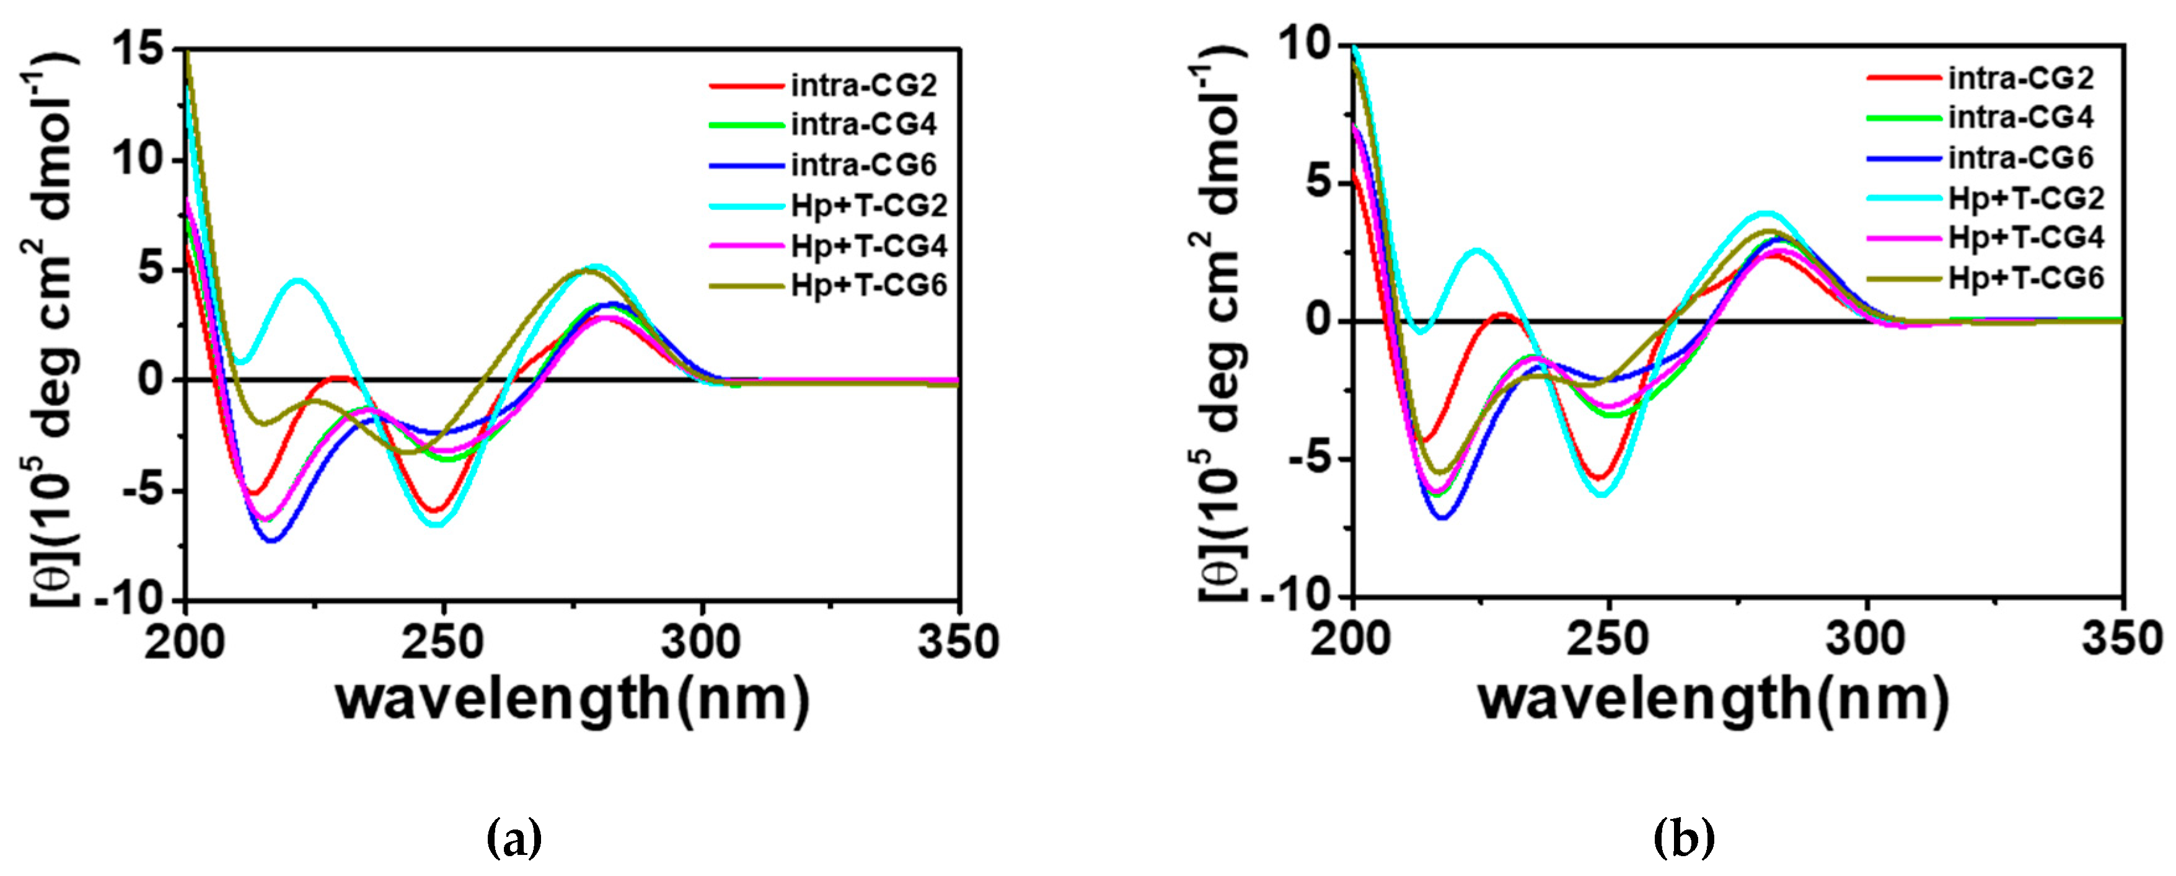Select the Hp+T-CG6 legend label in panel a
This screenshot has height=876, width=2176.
(x=868, y=286)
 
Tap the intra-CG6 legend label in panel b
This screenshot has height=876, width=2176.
(x=2020, y=157)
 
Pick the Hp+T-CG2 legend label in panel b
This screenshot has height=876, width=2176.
(x=2025, y=198)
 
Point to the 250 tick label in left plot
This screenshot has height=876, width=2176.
(x=443, y=642)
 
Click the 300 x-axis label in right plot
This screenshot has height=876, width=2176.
(x=1866, y=639)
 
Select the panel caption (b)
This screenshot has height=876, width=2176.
(x=1683, y=839)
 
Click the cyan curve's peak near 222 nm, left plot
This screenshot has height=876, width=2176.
(x=299, y=280)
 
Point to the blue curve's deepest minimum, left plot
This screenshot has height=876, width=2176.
(x=272, y=541)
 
